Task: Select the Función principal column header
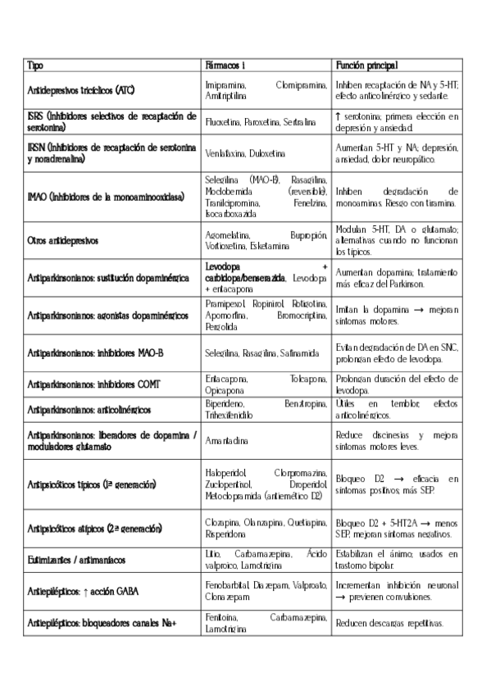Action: (x=367, y=65)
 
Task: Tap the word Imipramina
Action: (x=224, y=84)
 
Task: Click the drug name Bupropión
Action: (x=308, y=234)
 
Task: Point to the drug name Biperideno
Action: (x=224, y=404)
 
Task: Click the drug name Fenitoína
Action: (x=221, y=617)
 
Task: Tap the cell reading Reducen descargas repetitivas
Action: (x=389, y=624)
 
